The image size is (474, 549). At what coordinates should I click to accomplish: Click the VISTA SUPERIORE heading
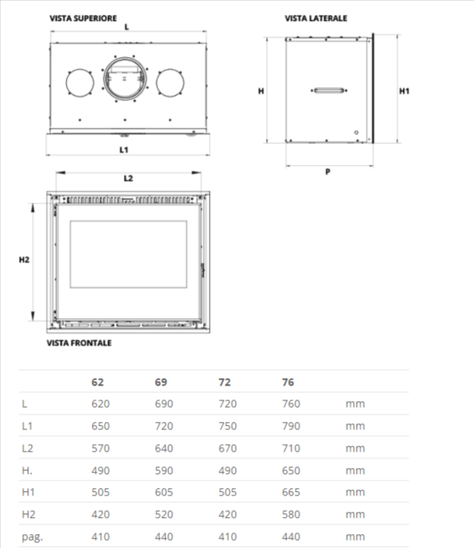click(83, 19)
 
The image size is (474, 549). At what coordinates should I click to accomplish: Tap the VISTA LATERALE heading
click(316, 19)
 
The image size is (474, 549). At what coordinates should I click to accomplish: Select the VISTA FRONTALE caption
click(79, 342)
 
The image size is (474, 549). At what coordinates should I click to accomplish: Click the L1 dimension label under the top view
click(124, 150)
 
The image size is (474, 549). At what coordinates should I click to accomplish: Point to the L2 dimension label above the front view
click(128, 178)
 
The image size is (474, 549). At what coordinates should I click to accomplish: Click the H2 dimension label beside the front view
click(24, 260)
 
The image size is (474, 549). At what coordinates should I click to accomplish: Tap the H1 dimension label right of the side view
click(404, 91)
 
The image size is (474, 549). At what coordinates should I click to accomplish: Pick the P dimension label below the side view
click(328, 172)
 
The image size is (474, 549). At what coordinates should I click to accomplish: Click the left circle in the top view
click(80, 83)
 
